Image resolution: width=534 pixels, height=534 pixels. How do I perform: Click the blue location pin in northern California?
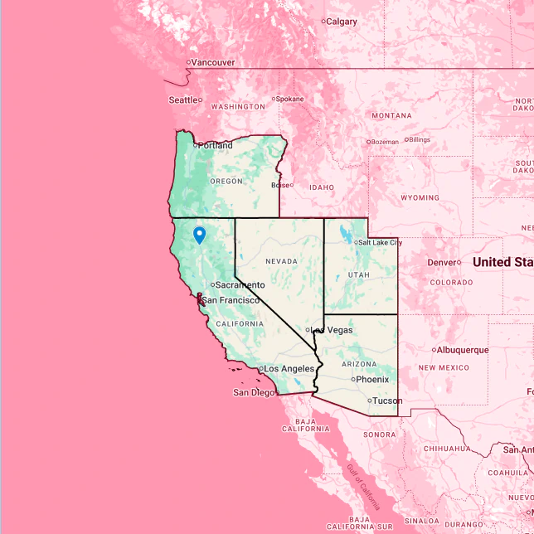click(x=199, y=235)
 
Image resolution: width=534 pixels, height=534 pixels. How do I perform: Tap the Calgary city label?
click(x=341, y=22)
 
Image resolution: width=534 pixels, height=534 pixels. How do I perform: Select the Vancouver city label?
click(x=213, y=62)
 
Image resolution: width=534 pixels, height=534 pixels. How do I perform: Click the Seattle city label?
click(x=183, y=100)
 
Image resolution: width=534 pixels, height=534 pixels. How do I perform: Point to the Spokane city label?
click(x=289, y=99)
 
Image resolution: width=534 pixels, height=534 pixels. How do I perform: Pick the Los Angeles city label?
click(x=289, y=368)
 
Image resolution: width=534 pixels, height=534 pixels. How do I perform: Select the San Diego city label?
click(x=252, y=392)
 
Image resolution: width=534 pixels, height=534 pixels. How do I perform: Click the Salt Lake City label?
click(x=380, y=242)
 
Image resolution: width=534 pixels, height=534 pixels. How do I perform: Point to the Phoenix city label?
click(x=372, y=379)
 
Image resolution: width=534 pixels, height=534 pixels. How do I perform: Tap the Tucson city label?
click(x=386, y=400)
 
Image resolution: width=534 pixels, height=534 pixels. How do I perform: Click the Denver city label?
click(x=442, y=262)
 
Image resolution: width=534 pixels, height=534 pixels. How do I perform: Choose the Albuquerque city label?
click(x=462, y=350)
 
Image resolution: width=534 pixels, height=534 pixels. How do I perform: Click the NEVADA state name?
click(x=280, y=261)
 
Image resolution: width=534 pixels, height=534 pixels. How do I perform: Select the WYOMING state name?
click(x=420, y=198)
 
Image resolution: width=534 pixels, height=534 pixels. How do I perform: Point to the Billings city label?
click(x=419, y=139)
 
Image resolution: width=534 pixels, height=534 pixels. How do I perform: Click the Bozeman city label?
click(x=385, y=142)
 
